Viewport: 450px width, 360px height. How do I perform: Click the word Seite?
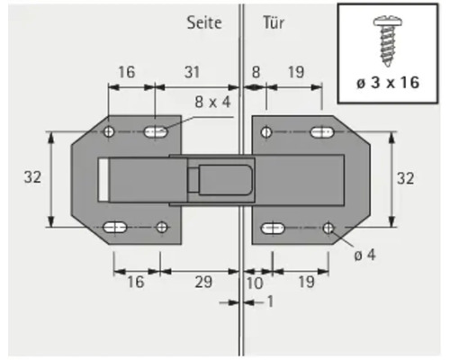[205, 21]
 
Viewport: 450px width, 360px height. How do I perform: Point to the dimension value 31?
[192, 70]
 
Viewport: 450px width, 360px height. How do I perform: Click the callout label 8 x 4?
[212, 102]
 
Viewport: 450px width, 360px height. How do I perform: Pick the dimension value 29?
[203, 282]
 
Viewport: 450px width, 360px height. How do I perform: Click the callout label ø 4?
[364, 255]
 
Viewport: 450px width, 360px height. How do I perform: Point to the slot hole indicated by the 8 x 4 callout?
[157, 132]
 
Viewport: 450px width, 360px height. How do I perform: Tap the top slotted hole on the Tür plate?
[321, 133]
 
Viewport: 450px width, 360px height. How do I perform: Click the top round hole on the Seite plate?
[109, 132]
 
